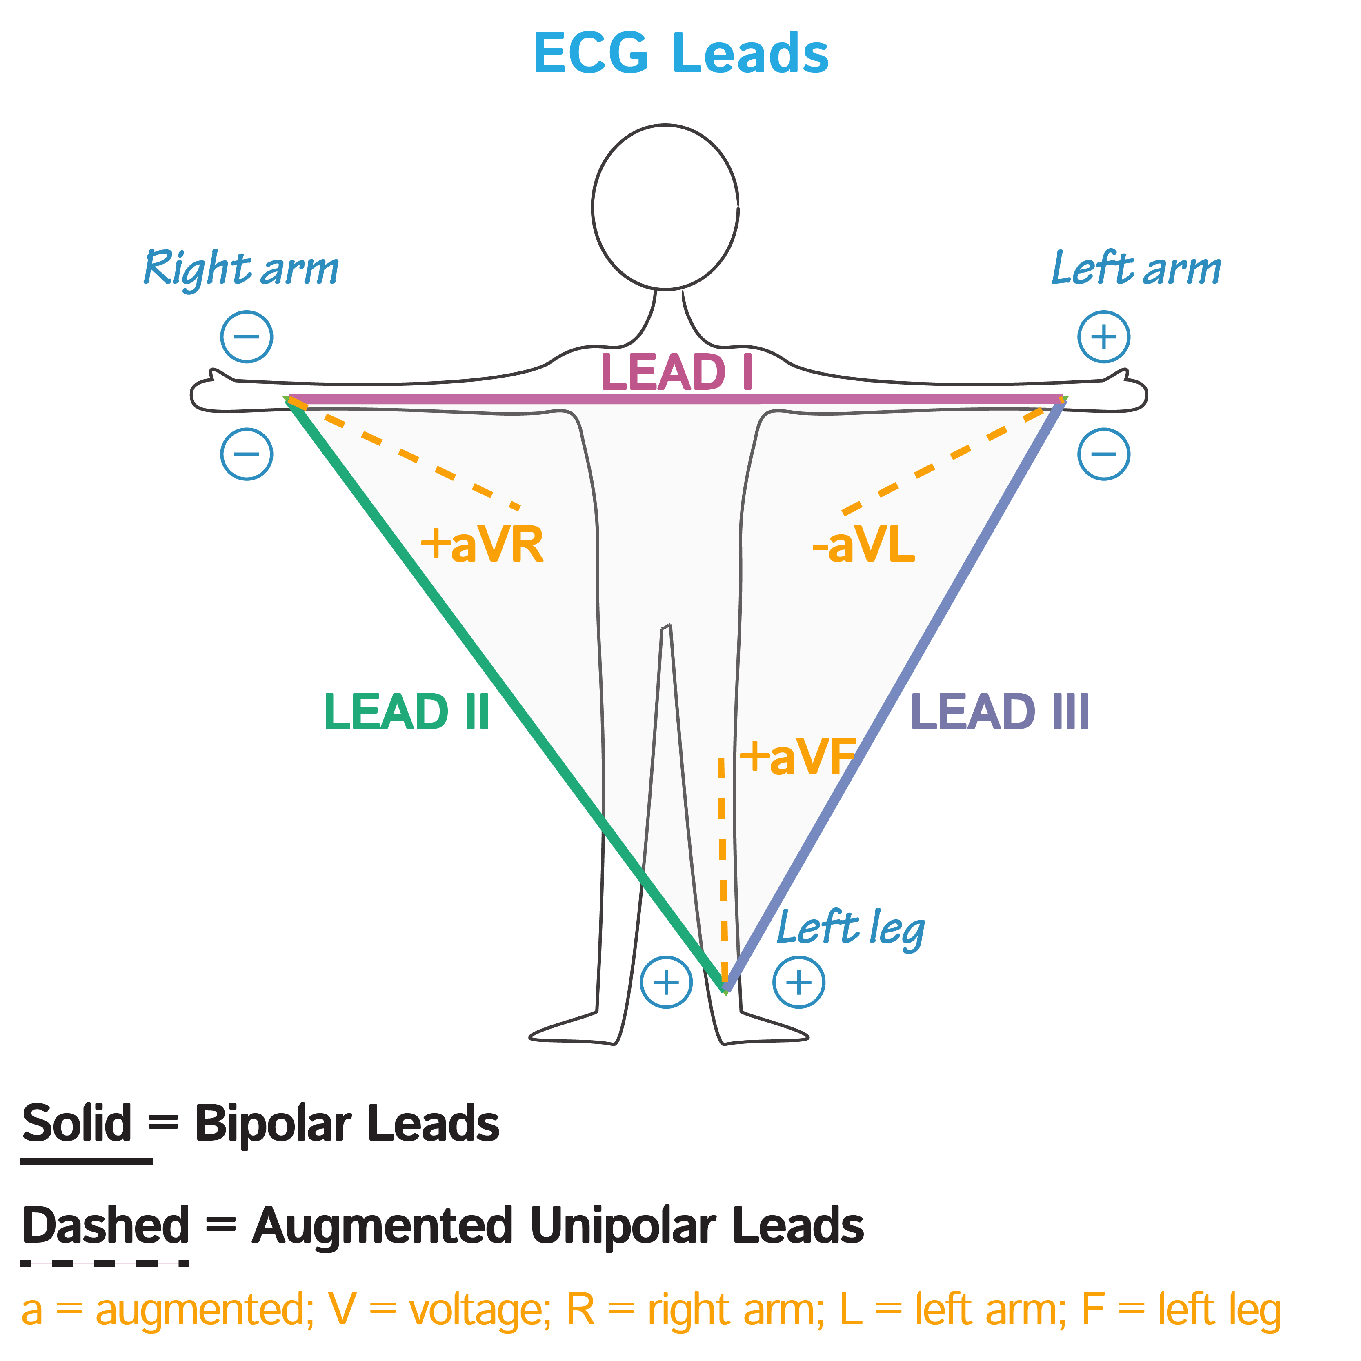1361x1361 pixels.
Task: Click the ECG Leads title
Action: pyautogui.click(x=680, y=53)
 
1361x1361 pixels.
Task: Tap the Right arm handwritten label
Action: pyautogui.click(x=241, y=268)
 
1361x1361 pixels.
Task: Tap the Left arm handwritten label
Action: pyautogui.click(x=1136, y=268)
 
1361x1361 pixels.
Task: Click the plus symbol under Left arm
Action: pyautogui.click(x=1103, y=337)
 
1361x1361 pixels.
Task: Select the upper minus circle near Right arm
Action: pyautogui.click(x=247, y=337)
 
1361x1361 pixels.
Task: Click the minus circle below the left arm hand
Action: pyautogui.click(x=1103, y=454)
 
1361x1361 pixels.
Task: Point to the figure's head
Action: pyautogui.click(x=665, y=207)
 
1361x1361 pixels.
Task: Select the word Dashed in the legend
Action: pyautogui.click(x=106, y=1226)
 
